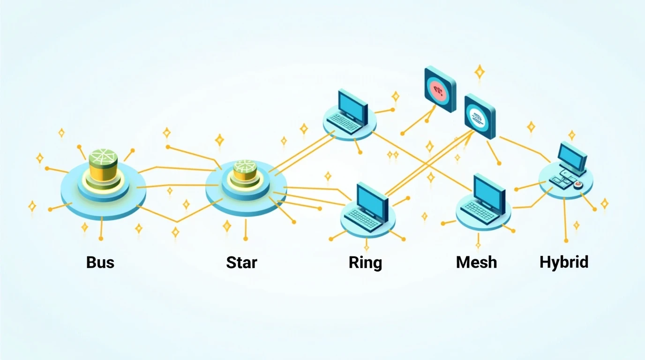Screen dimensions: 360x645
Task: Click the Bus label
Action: pos(100,262)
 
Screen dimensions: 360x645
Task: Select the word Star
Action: pos(241,262)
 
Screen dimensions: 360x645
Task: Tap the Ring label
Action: pos(365,262)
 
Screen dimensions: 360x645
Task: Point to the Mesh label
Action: pos(476,262)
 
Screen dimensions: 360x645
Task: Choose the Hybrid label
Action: pos(564,262)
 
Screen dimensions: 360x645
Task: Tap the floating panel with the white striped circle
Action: pos(480,115)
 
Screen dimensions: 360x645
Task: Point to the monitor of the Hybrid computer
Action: pos(573,155)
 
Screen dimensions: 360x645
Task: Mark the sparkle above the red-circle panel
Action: pos(480,72)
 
